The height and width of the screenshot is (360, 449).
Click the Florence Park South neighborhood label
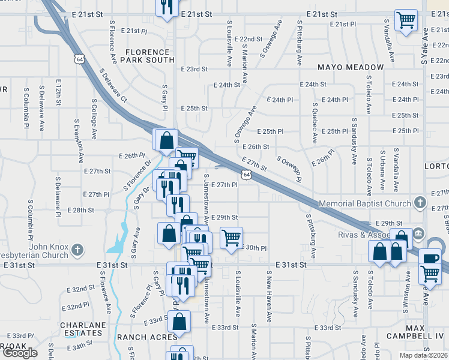coord(147,56)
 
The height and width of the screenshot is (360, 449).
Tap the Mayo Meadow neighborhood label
coord(351,67)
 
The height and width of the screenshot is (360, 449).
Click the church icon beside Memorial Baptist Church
coord(420,203)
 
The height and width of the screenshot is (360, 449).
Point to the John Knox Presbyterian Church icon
coord(77,249)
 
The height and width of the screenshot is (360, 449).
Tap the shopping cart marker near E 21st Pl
coord(406,20)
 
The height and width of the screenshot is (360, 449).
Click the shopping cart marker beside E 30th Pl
coord(231,238)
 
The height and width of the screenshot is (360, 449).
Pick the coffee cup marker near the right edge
coord(430,259)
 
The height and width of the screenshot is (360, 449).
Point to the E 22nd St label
coord(248,38)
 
